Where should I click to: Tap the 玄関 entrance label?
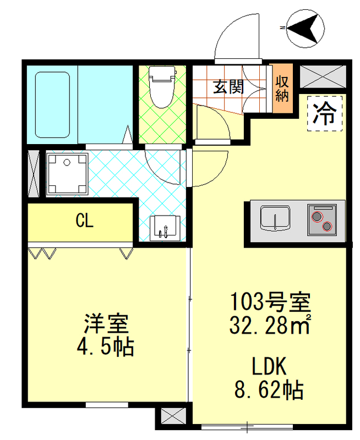coord(229,86)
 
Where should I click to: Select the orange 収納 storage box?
coord(282,89)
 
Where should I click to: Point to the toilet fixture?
coord(162,86)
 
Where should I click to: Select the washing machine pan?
coord(68,174)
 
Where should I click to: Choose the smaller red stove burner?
coord(328,226)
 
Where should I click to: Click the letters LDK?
coord(270,366)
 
